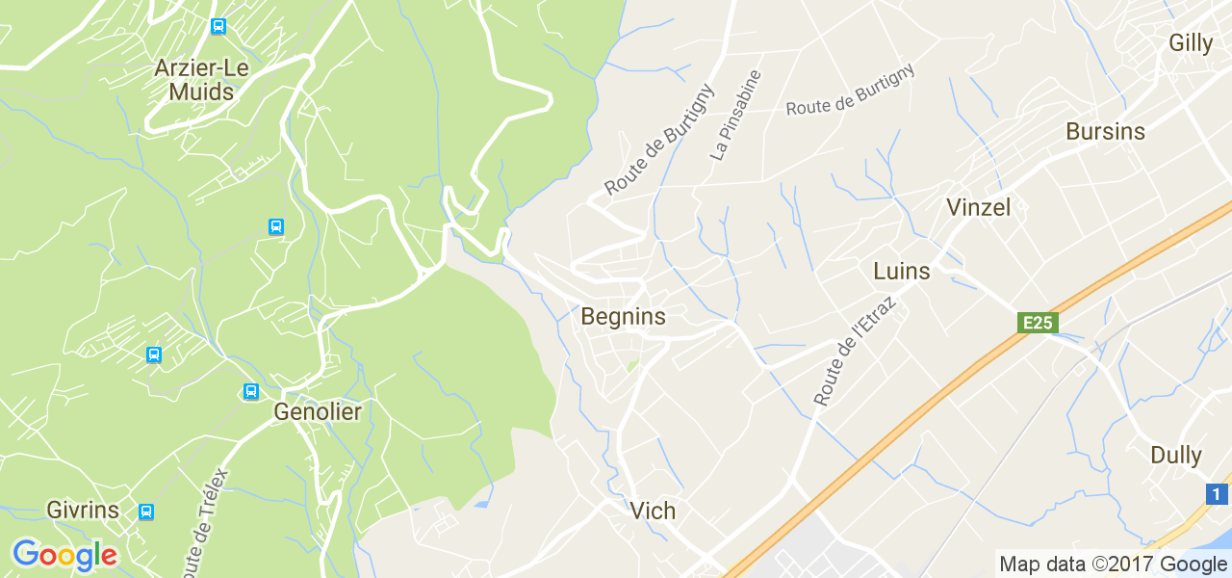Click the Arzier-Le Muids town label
[201, 81]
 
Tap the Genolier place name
[318, 412]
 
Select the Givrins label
[83, 510]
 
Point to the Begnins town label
[623, 316]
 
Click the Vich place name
[653, 511]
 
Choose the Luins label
[902, 271]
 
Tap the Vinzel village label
[978, 207]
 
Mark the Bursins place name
[1105, 132]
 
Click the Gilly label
[1191, 42]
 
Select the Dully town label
[1176, 455]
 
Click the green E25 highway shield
[1038, 323]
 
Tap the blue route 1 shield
[1218, 494]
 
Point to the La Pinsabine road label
[735, 115]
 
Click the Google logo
[64, 555]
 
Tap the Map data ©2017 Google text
[1113, 565]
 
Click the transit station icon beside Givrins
[145, 512]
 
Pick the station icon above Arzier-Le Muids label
[218, 26]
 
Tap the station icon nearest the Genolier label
[251, 391]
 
